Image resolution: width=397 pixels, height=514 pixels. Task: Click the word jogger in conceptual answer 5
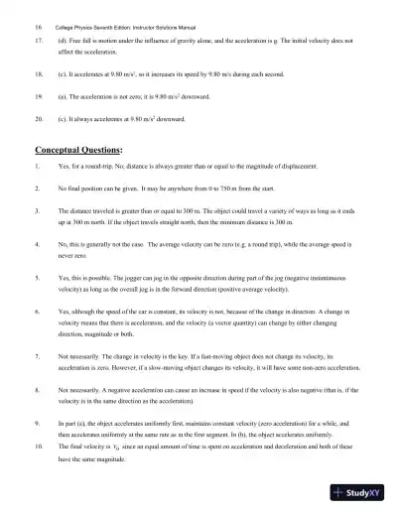click(120, 282)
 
